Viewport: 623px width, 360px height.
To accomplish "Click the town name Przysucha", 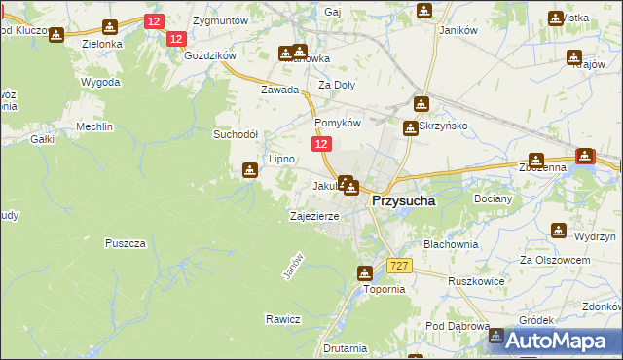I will (x=404, y=200).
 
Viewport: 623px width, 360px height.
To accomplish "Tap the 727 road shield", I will (x=398, y=266).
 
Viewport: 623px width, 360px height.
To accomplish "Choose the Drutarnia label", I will (x=346, y=347).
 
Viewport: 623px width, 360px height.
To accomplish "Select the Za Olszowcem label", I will (x=555, y=261).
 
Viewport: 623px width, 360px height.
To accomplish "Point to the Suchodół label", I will (x=236, y=134).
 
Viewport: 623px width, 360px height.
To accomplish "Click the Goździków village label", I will (x=209, y=56).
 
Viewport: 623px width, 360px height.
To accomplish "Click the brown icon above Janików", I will (x=424, y=11).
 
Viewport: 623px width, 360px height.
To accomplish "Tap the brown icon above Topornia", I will (x=365, y=273).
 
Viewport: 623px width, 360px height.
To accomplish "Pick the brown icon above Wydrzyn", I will (x=559, y=231).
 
